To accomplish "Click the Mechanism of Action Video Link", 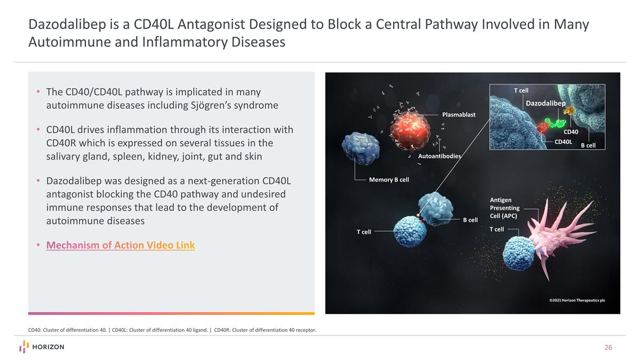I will pyautogui.click(x=121, y=245).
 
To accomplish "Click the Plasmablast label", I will pyautogui.click(x=458, y=115).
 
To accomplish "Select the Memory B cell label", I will pyautogui.click(x=389, y=180).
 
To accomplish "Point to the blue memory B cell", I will pyautogui.click(x=360, y=145).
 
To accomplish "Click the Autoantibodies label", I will pyautogui.click(x=439, y=156).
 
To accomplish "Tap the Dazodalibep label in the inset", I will pyautogui.click(x=546, y=103).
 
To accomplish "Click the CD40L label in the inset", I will pyautogui.click(x=563, y=142).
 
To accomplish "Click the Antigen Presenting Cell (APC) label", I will pyautogui.click(x=504, y=208).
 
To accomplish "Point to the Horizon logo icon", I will pyautogui.click(x=24, y=347).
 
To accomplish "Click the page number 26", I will pyautogui.click(x=608, y=348).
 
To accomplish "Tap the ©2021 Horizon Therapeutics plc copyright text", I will pyautogui.click(x=577, y=300).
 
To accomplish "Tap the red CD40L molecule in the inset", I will pyautogui.click(x=542, y=127).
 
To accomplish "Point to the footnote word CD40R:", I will pyautogui.click(x=224, y=330).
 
